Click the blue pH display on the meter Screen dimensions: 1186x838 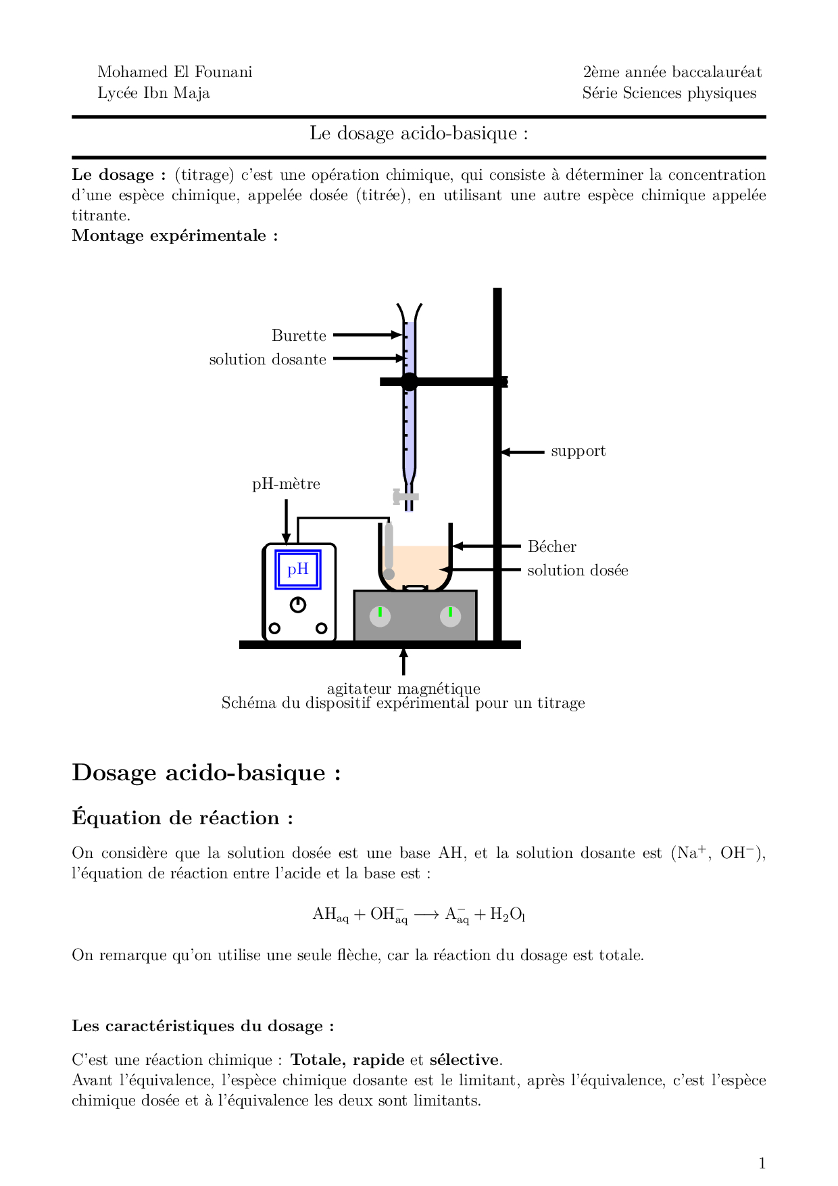click(x=298, y=569)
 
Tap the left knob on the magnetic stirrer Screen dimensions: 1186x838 click(x=380, y=616)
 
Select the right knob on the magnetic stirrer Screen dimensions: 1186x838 click(x=450, y=616)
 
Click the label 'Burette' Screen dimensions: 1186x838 click(x=299, y=335)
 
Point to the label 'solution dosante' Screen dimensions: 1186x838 click(x=268, y=359)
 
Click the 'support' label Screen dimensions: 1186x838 click(x=578, y=451)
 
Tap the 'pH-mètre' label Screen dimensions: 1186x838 click(x=286, y=484)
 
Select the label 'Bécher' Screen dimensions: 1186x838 click(x=551, y=546)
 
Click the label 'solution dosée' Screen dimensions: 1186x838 click(x=577, y=570)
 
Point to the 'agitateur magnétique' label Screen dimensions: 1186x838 click(x=403, y=688)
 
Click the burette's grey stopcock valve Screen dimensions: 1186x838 click(x=405, y=497)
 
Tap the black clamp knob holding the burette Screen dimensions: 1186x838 click(x=409, y=381)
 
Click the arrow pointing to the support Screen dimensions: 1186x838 click(x=522, y=452)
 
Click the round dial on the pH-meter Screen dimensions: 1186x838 click(x=298, y=604)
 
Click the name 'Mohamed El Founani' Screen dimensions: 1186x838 click(x=175, y=72)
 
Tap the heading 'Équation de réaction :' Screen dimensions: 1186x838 click(x=182, y=818)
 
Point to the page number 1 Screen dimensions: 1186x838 click(x=762, y=1163)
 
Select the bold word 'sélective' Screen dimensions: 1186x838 click(x=464, y=1060)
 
